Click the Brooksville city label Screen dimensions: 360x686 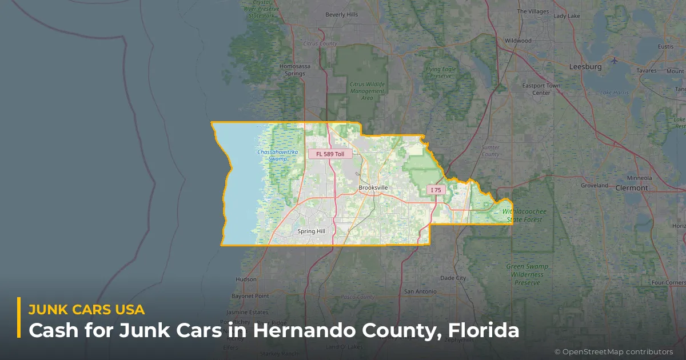click(373, 187)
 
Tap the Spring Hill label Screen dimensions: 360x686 click(311, 231)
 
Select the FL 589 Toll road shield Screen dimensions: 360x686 click(330, 154)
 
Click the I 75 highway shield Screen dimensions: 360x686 click(436, 190)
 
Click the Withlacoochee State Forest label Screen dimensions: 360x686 click(524, 215)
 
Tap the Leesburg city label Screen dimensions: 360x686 click(585, 67)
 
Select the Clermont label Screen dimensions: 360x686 click(632, 188)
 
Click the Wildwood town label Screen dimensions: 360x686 click(518, 41)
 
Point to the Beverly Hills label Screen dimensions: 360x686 click(341, 14)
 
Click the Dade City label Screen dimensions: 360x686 click(453, 278)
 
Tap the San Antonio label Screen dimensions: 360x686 click(420, 291)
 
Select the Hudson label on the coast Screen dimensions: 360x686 click(246, 279)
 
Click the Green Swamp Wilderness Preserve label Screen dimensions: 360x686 click(527, 274)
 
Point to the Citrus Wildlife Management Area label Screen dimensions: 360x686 click(367, 91)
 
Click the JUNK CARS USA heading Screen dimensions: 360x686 click(86, 310)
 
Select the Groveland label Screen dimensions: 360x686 click(595, 186)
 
